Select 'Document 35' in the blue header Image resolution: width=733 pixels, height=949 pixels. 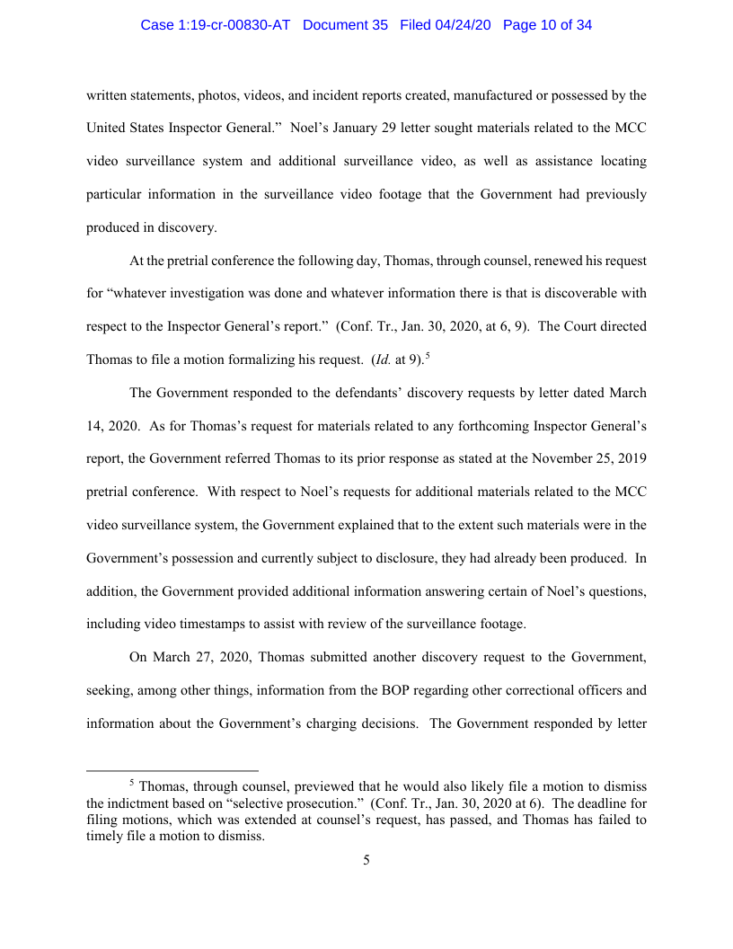(x=346, y=25)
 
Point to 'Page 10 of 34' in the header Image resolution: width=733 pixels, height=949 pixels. (x=547, y=25)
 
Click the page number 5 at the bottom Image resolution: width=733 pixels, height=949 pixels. (x=366, y=861)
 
